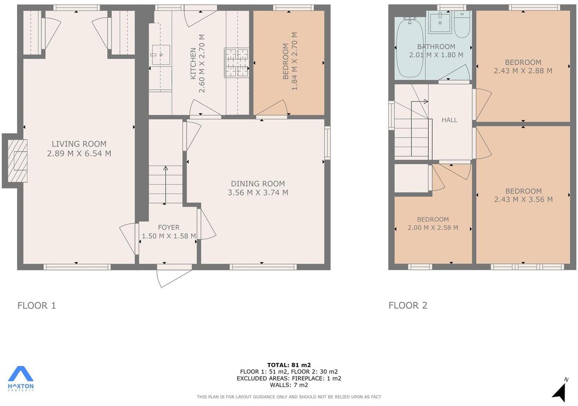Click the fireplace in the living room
tap(17, 161)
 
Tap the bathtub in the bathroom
tap(409, 48)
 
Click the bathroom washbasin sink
tap(440, 22)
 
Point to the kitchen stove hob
tap(237, 63)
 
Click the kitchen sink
tap(161, 55)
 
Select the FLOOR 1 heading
tap(37, 305)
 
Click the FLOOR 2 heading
tap(408, 305)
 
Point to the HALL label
tap(449, 120)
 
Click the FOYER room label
tap(169, 227)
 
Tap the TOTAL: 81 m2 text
tap(289, 365)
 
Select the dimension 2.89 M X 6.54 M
tap(79, 153)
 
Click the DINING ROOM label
tap(258, 184)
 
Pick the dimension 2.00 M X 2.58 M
tap(433, 228)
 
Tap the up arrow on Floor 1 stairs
tap(165, 185)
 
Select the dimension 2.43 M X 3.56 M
tap(523, 199)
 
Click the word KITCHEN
tap(193, 64)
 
